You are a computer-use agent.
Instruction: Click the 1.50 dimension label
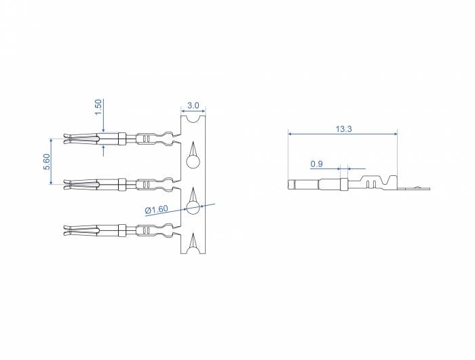click(98, 107)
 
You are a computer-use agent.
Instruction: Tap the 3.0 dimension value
click(193, 105)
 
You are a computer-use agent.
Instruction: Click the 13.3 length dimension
click(343, 129)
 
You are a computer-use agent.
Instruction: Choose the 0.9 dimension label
click(316, 164)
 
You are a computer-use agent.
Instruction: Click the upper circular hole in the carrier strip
click(193, 162)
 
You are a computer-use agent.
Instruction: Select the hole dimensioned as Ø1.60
click(193, 208)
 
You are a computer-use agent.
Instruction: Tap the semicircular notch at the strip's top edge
click(193, 119)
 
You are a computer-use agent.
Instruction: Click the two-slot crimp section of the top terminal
click(147, 139)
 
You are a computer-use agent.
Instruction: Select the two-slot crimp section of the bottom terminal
click(147, 230)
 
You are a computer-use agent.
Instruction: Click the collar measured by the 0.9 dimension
click(343, 183)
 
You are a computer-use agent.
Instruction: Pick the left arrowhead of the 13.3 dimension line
click(290, 134)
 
